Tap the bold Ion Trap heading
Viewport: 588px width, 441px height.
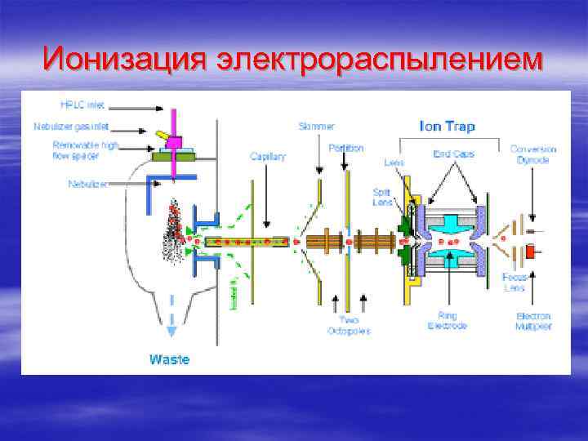coord(447,127)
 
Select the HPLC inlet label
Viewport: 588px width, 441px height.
coord(82,105)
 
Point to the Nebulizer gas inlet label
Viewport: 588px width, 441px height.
coord(72,127)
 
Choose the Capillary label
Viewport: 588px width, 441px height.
coord(268,156)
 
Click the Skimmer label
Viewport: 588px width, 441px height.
coord(316,127)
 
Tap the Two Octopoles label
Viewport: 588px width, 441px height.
coord(349,326)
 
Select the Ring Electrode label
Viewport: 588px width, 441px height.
coord(447,320)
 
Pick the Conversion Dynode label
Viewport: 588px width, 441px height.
coord(533,154)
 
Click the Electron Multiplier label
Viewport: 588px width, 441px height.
coord(533,320)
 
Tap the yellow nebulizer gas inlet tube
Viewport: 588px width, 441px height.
coord(164,134)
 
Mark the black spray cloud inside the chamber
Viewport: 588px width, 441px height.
coord(173,233)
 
